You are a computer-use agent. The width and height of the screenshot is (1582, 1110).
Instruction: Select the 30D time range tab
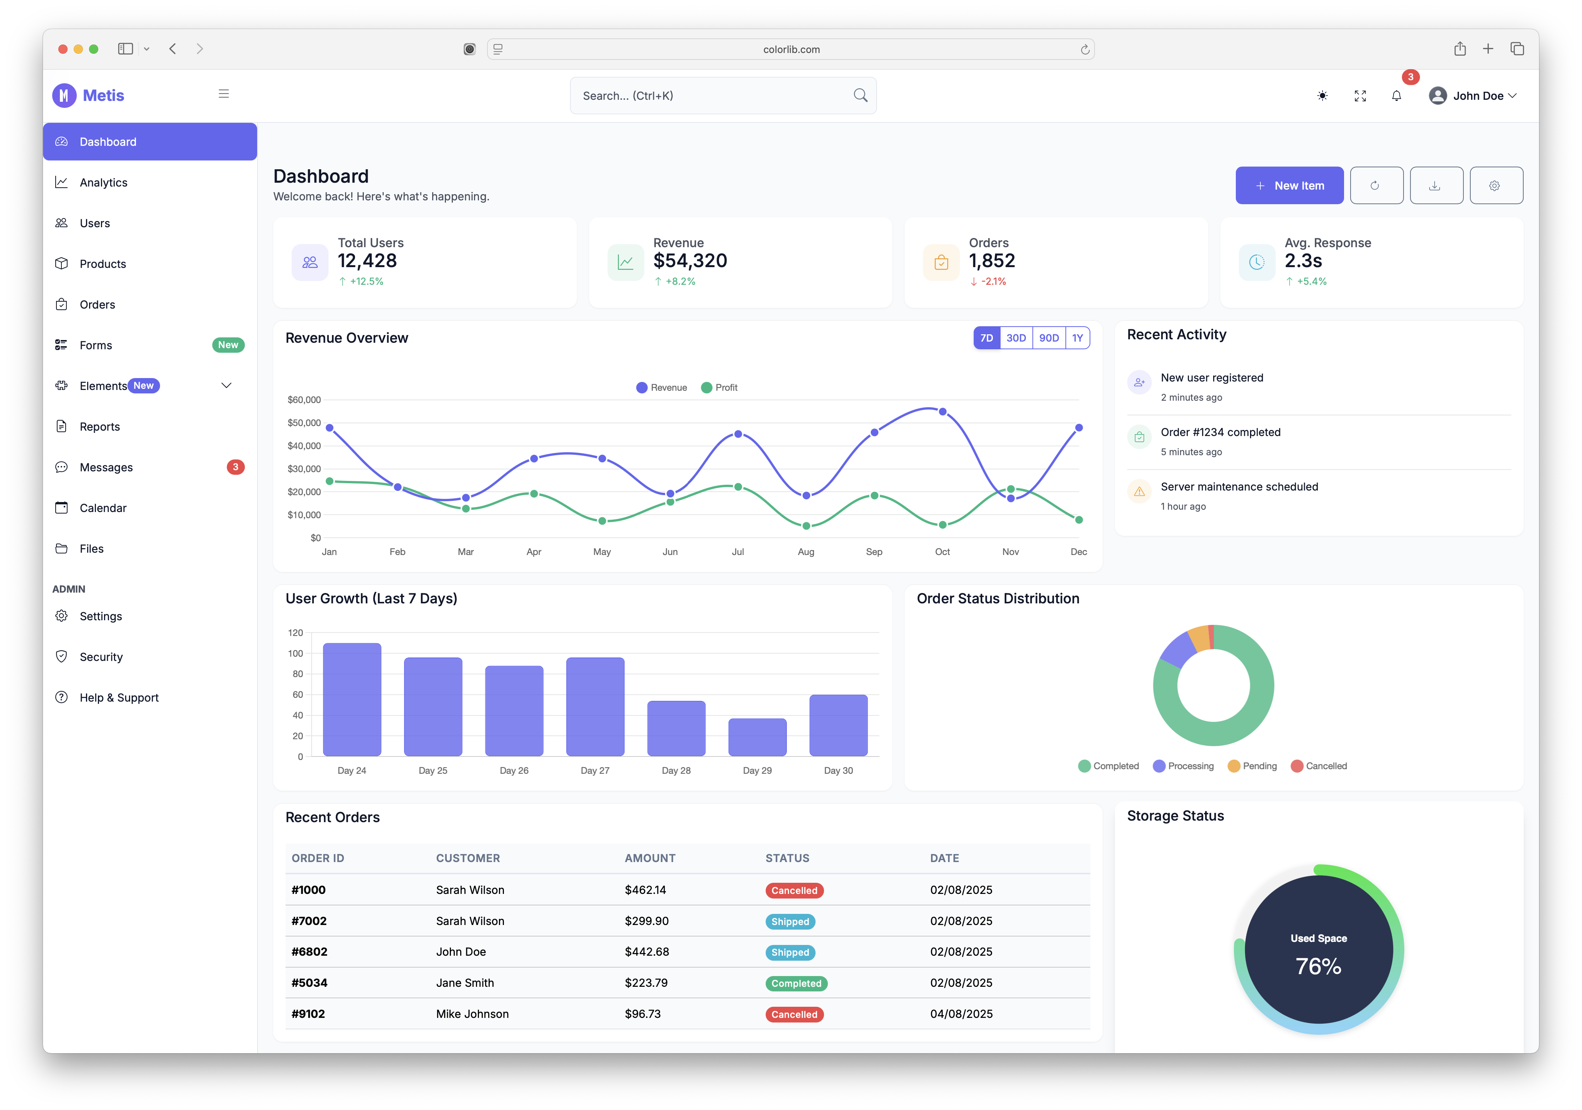coord(1016,338)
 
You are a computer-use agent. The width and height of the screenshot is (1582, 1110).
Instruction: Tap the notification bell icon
coord(1396,96)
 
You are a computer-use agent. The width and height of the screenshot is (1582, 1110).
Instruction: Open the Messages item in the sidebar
coord(106,467)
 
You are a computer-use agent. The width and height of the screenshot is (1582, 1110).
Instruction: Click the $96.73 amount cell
coord(642,1014)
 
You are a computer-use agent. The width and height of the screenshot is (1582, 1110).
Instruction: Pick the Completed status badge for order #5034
coord(796,983)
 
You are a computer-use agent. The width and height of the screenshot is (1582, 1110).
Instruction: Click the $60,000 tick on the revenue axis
coord(304,400)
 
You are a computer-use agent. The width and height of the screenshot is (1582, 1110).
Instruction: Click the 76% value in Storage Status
coord(1318,966)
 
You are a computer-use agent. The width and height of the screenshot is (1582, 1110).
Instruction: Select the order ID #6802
coord(309,951)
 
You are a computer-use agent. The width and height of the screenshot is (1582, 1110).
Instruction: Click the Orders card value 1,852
coord(991,261)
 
